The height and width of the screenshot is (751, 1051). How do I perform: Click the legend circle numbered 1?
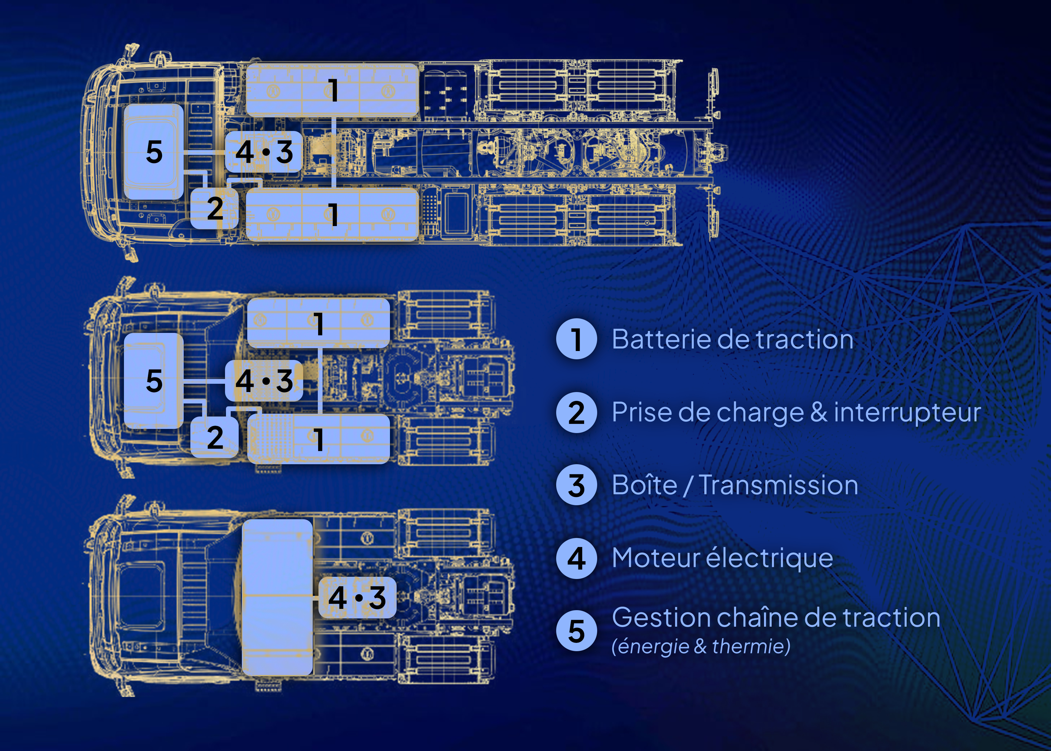[x=576, y=339]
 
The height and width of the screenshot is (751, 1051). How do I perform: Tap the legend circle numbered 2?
[x=576, y=412]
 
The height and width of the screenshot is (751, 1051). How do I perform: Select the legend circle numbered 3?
[x=576, y=485]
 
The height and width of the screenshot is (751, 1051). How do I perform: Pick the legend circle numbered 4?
[x=576, y=558]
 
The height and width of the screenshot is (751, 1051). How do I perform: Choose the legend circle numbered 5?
[x=576, y=631]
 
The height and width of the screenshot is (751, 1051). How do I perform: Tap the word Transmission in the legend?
[x=778, y=486]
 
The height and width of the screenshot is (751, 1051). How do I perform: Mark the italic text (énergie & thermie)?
[x=701, y=646]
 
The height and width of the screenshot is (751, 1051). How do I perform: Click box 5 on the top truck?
[x=154, y=152]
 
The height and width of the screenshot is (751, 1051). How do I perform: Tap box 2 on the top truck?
[x=215, y=208]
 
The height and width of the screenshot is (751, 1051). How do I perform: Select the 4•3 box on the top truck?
[x=264, y=152]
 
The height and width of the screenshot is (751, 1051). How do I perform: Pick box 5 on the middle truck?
[x=154, y=381]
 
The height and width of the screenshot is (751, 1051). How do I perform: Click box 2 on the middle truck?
[x=215, y=437]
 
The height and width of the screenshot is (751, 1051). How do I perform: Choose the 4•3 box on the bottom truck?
[x=357, y=597]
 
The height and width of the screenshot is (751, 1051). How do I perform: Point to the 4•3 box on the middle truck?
[x=264, y=381]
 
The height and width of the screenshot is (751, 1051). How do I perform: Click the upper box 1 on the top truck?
[x=332, y=90]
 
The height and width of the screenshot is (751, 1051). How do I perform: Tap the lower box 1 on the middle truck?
[x=318, y=439]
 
